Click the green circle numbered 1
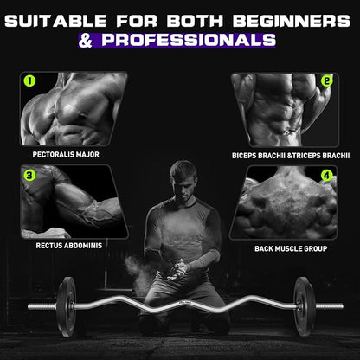[29, 81]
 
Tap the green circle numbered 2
[326, 81]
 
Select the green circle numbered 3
[29, 175]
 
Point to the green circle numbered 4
[326, 176]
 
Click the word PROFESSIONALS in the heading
[189, 40]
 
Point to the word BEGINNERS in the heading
[292, 21]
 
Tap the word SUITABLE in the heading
[55, 21]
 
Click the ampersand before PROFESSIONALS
[86, 41]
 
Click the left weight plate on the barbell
[67, 306]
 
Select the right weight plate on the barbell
[304, 306]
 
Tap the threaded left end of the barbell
[42, 306]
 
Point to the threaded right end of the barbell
[330, 306]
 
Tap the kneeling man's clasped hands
[177, 271]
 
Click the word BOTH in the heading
[196, 21]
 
